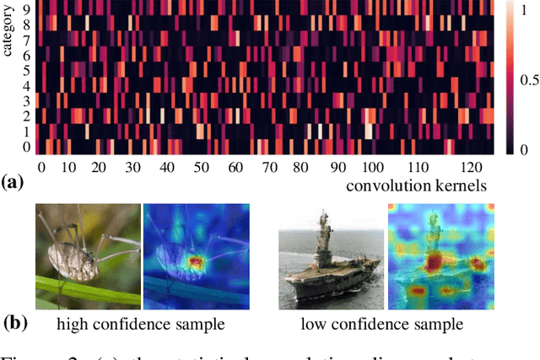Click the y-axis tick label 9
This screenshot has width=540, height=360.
click(24, 10)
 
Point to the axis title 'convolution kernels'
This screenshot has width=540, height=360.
click(420, 183)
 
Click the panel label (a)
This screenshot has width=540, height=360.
click(16, 180)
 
